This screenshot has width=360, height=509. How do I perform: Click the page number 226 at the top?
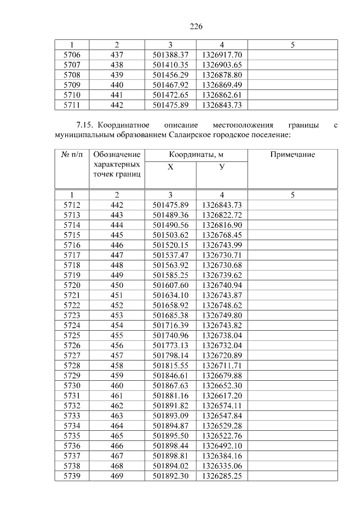[196, 26]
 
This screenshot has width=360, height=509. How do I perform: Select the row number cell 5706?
[72, 55]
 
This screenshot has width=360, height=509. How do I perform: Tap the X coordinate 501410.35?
[170, 65]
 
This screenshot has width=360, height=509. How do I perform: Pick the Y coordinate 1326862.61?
[222, 94]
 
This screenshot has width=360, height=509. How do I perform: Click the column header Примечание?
[292, 155]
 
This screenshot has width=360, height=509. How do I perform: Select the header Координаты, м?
[196, 155]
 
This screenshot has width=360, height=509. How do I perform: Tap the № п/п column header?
[72, 155]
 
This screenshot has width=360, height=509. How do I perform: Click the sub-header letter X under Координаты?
[170, 167]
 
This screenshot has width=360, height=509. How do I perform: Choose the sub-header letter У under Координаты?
[222, 167]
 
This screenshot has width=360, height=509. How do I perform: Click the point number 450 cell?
[117, 286]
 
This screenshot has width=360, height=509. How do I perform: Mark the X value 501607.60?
[170, 286]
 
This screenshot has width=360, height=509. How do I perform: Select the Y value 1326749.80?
[222, 316]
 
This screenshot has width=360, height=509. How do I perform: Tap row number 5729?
[72, 376]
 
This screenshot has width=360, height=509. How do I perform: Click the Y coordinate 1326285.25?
[222, 476]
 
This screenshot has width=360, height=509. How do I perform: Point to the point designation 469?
[117, 476]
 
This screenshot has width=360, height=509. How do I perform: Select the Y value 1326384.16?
[222, 456]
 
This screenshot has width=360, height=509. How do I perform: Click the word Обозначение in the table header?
[117, 155]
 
